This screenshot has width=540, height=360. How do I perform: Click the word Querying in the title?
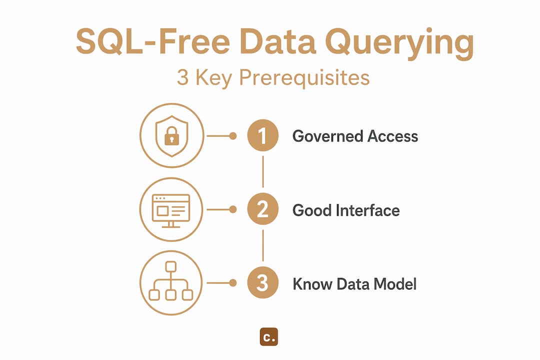(399, 43)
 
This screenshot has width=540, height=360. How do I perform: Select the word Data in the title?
(277, 41)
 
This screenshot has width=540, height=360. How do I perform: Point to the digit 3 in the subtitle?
(182, 77)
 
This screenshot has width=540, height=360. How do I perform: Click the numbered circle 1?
(263, 135)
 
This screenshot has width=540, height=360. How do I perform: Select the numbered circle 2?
(263, 209)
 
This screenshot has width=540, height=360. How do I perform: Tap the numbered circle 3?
(263, 283)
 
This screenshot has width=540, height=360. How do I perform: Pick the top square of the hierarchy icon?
(171, 266)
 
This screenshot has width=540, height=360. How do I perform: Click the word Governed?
(327, 136)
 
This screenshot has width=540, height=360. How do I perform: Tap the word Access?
(392, 136)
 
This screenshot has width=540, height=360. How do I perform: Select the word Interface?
(368, 210)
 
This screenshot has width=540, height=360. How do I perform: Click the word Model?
(394, 284)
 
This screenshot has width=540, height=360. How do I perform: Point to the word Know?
(312, 284)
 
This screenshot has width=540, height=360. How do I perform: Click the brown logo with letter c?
(269, 336)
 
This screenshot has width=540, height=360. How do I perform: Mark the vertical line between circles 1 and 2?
(263, 171)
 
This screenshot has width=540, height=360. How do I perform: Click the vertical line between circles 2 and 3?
(263, 245)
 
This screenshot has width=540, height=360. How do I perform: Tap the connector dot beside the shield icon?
(233, 136)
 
